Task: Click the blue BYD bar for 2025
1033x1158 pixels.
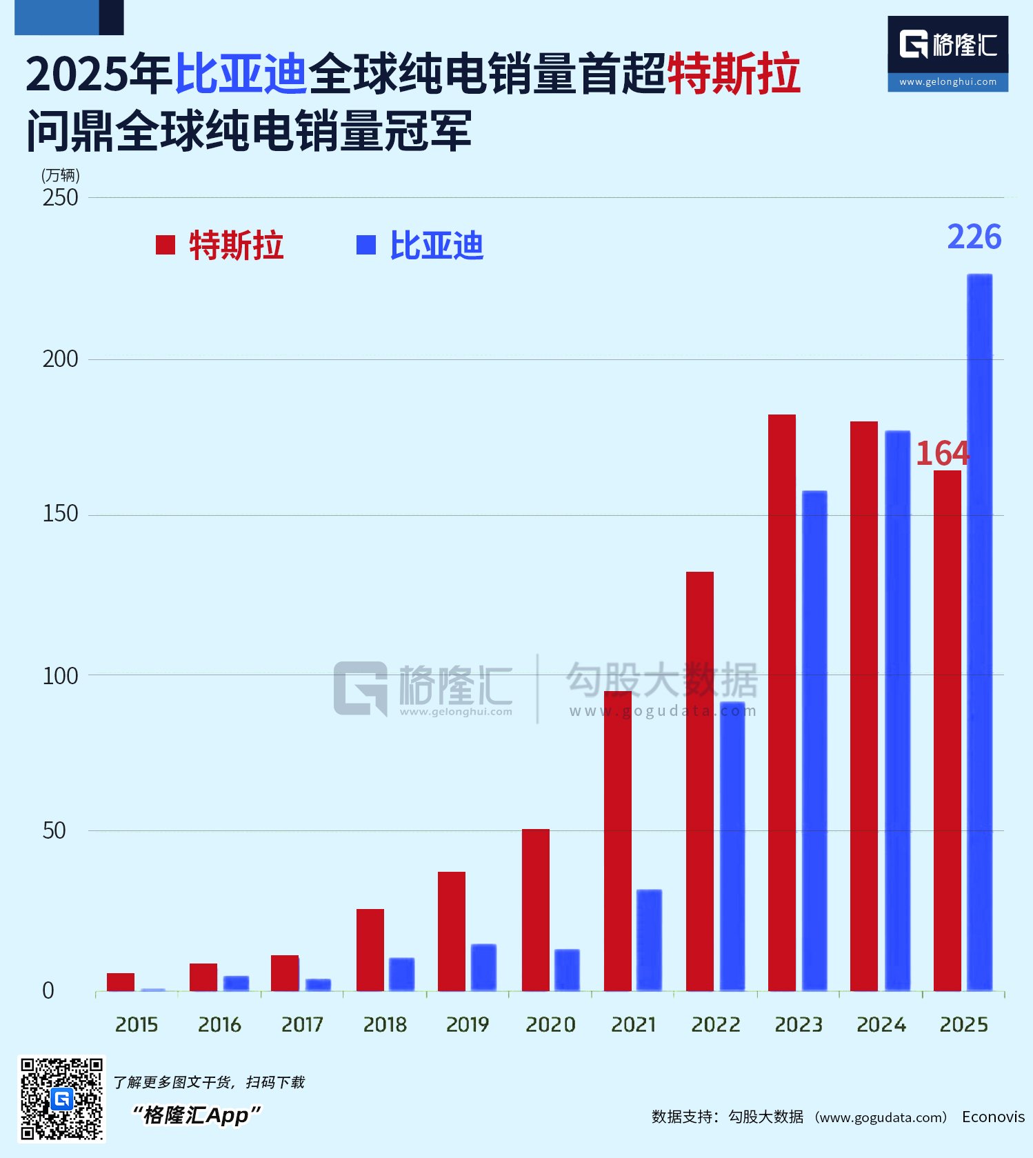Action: click(x=979, y=632)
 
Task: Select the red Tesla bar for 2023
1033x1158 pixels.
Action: click(x=782, y=703)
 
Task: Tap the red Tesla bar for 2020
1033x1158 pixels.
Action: click(x=536, y=910)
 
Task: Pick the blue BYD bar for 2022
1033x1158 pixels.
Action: click(x=732, y=846)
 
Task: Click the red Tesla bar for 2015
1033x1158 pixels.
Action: click(x=121, y=982)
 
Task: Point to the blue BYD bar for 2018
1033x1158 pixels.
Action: click(x=401, y=975)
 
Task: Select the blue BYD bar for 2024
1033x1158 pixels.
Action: click(x=897, y=711)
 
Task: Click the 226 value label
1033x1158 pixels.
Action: click(x=974, y=237)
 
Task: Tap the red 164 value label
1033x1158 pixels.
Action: click(x=943, y=453)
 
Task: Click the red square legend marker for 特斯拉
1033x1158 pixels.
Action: click(x=166, y=245)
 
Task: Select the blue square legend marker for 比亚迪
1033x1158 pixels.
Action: click(x=365, y=245)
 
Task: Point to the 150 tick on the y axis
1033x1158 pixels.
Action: click(x=60, y=514)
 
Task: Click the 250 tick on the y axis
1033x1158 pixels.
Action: click(x=60, y=198)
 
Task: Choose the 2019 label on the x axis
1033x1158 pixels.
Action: click(x=468, y=1025)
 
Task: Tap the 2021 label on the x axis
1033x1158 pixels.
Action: click(x=633, y=1025)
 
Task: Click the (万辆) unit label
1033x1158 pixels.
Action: click(x=61, y=175)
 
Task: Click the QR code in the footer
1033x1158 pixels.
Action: click(x=61, y=1099)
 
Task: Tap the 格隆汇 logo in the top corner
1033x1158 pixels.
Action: click(x=948, y=54)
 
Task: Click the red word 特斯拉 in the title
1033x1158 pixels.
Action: click(x=734, y=74)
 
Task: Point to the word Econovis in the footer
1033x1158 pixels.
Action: click(x=993, y=1117)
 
